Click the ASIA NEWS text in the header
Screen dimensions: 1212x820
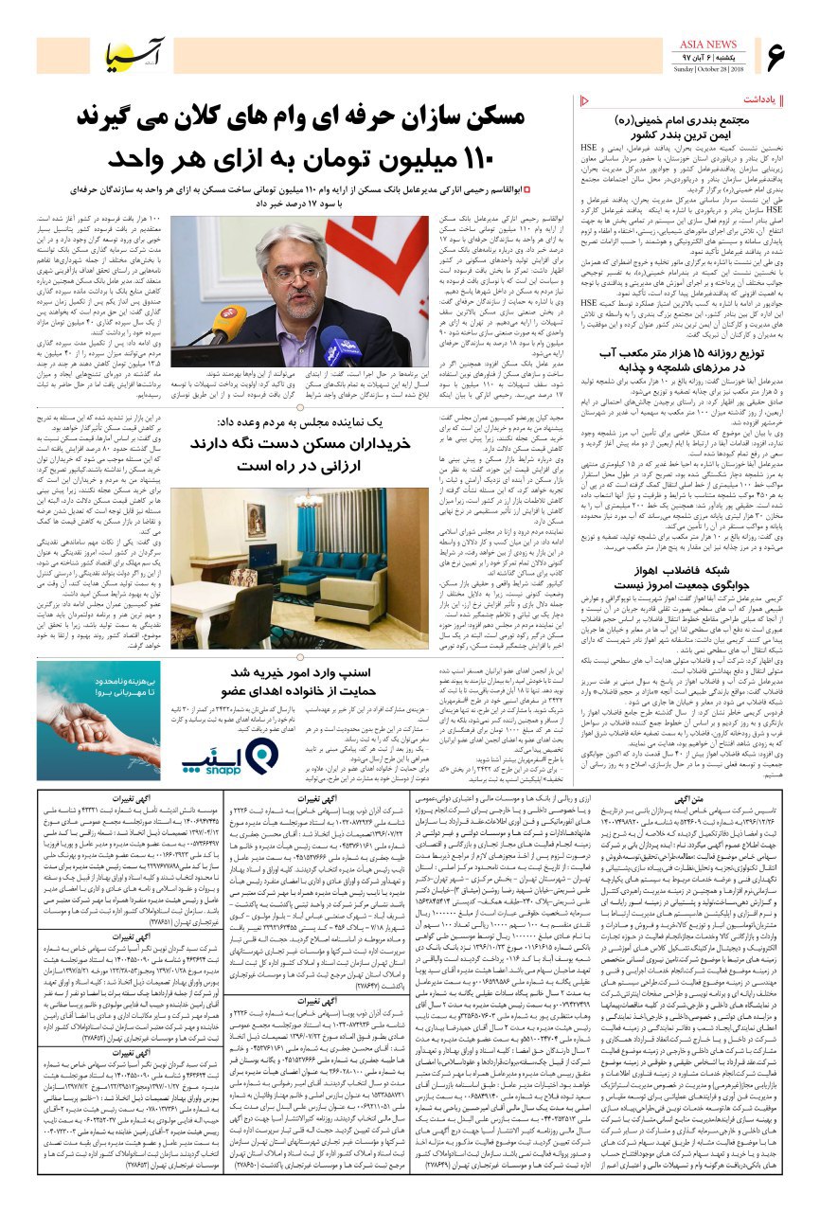[x=709, y=45]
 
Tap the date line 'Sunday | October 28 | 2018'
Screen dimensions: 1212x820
[x=709, y=69]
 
